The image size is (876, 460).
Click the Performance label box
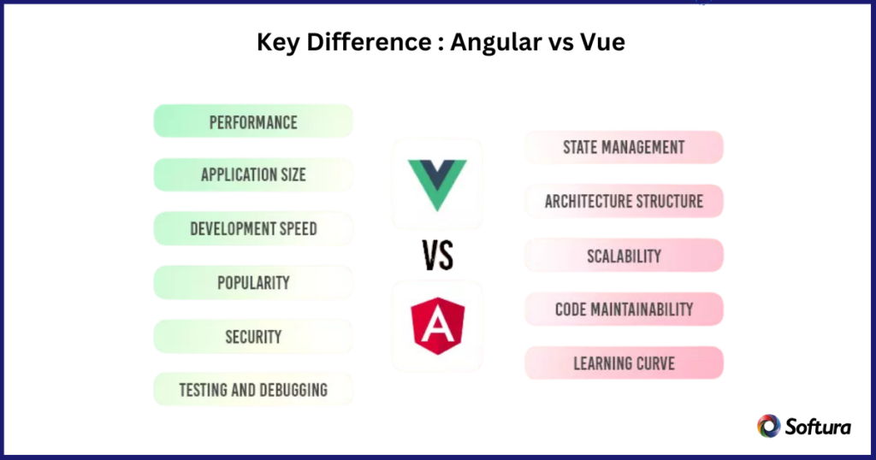point(253,121)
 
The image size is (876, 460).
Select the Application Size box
point(253,175)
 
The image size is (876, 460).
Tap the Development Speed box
point(253,229)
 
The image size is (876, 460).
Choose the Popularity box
point(253,283)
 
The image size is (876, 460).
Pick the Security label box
point(253,337)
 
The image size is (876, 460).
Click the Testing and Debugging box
point(253,390)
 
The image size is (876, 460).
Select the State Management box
point(624,147)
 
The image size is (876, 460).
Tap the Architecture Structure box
point(624,202)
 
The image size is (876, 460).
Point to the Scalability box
point(624,256)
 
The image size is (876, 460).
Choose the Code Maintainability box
point(624,310)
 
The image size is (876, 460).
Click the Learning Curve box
point(624,363)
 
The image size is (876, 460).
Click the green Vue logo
point(437,184)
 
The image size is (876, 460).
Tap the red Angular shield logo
point(437,326)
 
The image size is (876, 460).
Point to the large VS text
point(437,255)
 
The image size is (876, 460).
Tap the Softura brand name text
point(817,427)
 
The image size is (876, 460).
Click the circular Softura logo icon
point(768,426)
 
